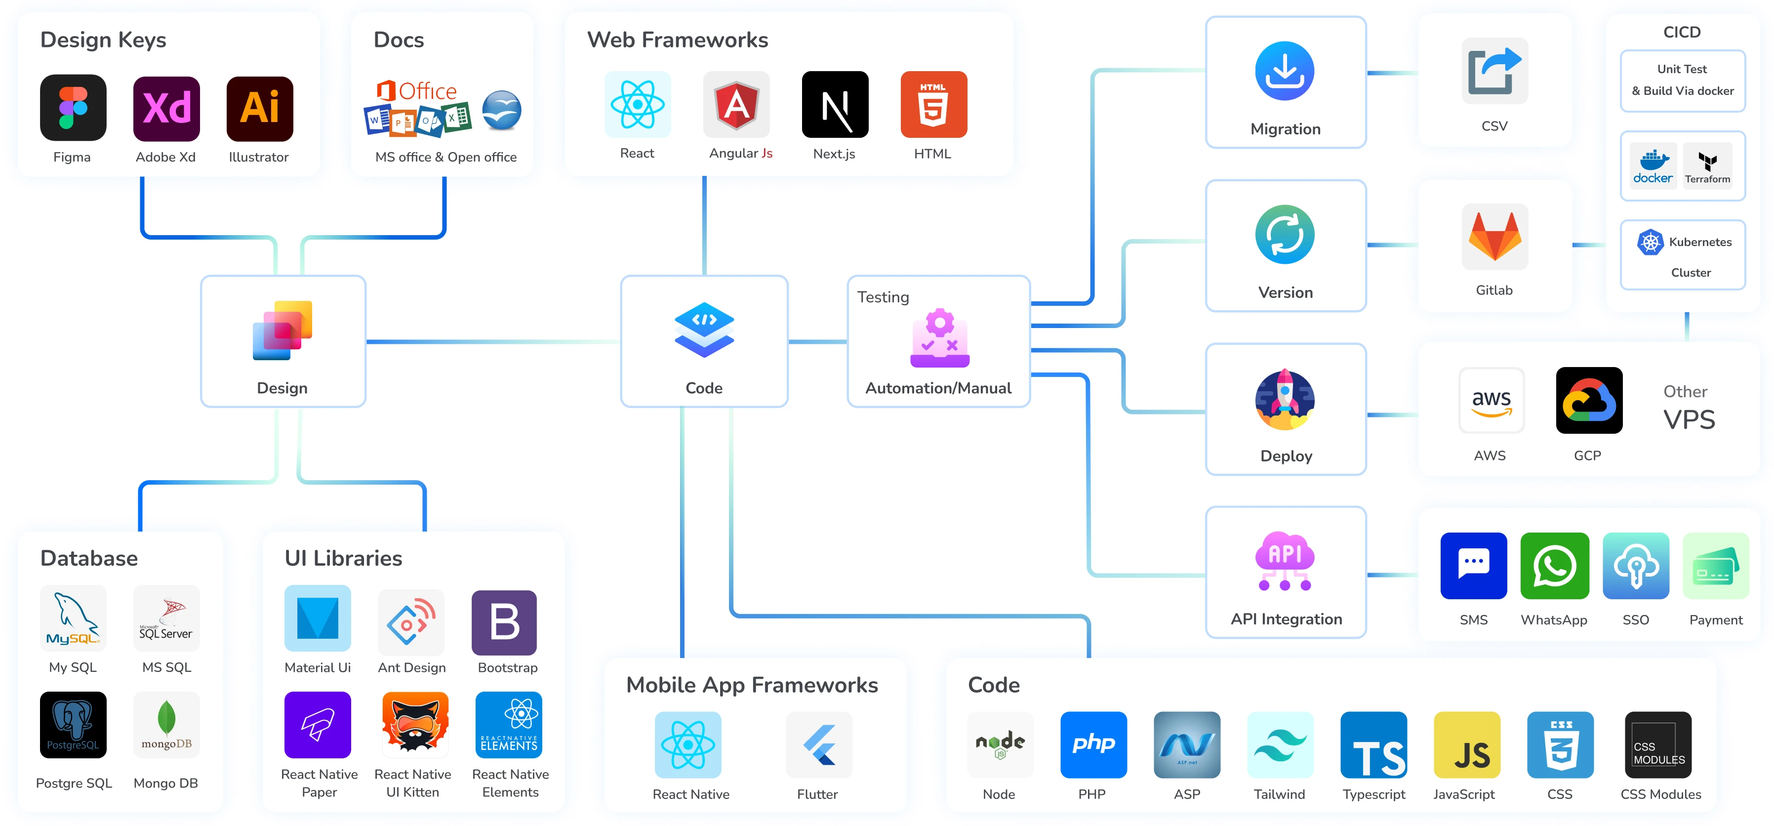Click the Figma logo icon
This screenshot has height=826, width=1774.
click(73, 108)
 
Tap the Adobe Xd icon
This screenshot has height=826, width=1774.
click(166, 108)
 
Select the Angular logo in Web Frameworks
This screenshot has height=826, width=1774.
click(736, 105)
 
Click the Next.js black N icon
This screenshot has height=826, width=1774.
click(835, 105)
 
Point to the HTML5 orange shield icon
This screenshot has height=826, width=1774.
click(933, 105)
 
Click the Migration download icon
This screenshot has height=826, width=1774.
click(1285, 71)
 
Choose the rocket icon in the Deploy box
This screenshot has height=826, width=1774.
click(1285, 400)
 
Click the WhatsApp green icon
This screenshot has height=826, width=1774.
click(1554, 566)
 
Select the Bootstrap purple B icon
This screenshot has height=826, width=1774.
click(504, 622)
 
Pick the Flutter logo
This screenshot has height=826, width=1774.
click(819, 744)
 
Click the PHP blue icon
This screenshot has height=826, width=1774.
click(1093, 744)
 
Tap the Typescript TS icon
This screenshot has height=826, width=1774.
click(1373, 744)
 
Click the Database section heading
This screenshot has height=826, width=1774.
click(89, 558)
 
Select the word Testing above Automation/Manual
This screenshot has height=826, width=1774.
click(883, 297)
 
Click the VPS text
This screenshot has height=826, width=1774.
click(1689, 419)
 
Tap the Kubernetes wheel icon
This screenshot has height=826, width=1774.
click(1650, 242)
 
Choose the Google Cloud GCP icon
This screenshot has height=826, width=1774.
click(1589, 400)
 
